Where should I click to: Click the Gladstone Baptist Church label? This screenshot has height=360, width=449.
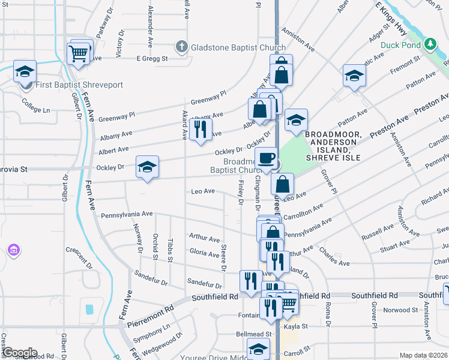coord(238,47)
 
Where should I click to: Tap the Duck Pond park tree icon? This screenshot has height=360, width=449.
coord(430,44)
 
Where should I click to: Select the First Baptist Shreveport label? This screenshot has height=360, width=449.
coord(79,85)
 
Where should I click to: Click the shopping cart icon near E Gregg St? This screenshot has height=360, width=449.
coord(79,53)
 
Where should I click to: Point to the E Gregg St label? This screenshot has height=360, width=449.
coord(152,58)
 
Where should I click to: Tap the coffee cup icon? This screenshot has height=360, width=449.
coord(265,158)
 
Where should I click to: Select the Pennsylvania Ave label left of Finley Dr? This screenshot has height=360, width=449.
coord(127,214)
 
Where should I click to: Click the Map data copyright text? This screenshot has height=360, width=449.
coord(423,355)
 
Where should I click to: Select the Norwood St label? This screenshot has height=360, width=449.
coord(401,310)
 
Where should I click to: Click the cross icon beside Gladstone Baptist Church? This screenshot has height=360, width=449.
coord(182,46)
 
